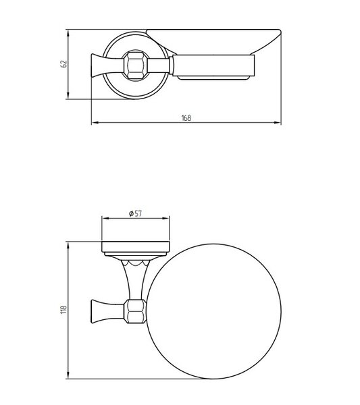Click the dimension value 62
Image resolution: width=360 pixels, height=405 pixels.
63,64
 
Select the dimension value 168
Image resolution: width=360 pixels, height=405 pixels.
186,118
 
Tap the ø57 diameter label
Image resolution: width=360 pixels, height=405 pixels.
135,213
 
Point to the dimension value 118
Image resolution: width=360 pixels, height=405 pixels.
63,309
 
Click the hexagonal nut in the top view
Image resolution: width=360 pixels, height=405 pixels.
136,65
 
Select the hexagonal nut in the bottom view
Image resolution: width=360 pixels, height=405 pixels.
135,311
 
